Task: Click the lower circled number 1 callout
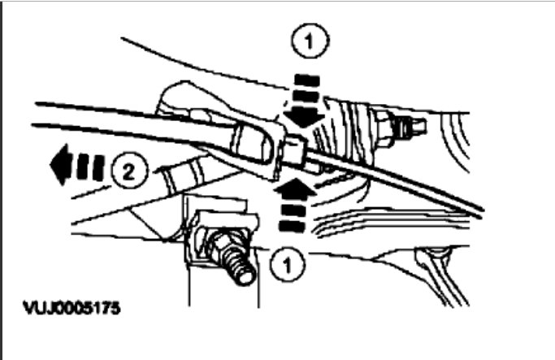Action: tap(284, 264)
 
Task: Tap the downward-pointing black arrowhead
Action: tap(303, 115)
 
